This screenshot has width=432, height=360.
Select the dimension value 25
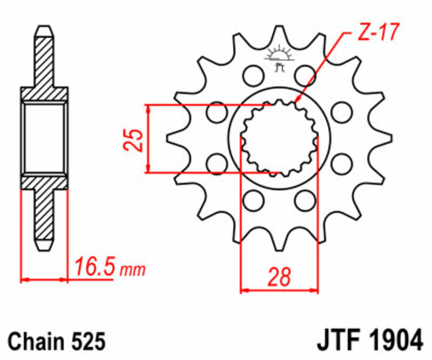coord(137,139)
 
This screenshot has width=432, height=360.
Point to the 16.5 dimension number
coord(94,266)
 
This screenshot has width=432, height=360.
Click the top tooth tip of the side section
coord(45,30)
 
